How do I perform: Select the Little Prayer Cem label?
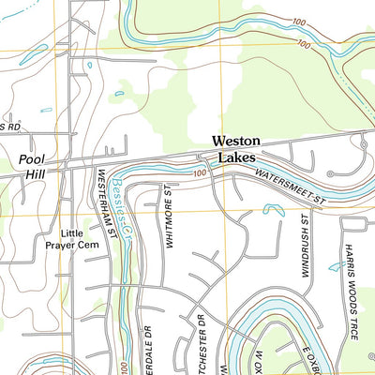[x=65, y=240]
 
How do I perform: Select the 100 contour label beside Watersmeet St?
[x=200, y=173]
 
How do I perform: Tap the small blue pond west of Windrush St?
[x=274, y=209]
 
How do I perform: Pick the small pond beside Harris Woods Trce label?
[x=336, y=267]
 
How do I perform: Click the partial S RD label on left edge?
[x=9, y=126]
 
